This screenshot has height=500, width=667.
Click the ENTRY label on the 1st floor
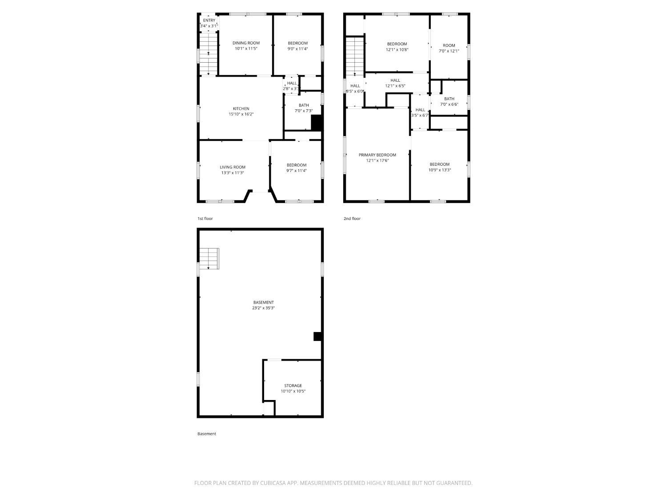click(x=209, y=20)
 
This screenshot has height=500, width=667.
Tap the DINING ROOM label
click(x=246, y=43)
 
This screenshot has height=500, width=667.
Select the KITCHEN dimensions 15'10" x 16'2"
click(x=241, y=114)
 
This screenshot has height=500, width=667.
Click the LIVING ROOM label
click(x=233, y=167)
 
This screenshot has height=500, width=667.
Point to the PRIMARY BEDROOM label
click(x=378, y=155)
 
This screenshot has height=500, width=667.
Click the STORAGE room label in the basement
click(x=293, y=385)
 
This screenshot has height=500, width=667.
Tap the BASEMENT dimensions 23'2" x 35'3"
click(x=263, y=308)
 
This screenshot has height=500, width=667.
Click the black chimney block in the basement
click(x=317, y=336)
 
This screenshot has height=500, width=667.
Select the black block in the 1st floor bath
click(x=316, y=123)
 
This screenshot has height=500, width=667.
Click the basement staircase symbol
click(x=209, y=259)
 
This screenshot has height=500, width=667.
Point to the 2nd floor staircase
click(x=355, y=56)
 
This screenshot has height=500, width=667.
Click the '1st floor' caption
click(x=205, y=219)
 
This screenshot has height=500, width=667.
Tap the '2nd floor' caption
click(x=352, y=219)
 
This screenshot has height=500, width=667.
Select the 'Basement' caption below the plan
click(x=207, y=434)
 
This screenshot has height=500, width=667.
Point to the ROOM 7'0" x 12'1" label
click(x=449, y=48)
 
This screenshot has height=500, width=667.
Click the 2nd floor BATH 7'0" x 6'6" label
click(x=449, y=101)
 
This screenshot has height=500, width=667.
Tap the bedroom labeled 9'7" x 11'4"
click(x=297, y=168)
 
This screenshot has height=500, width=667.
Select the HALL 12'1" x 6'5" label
click(x=395, y=83)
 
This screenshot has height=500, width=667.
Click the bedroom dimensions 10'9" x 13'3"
click(x=440, y=170)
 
